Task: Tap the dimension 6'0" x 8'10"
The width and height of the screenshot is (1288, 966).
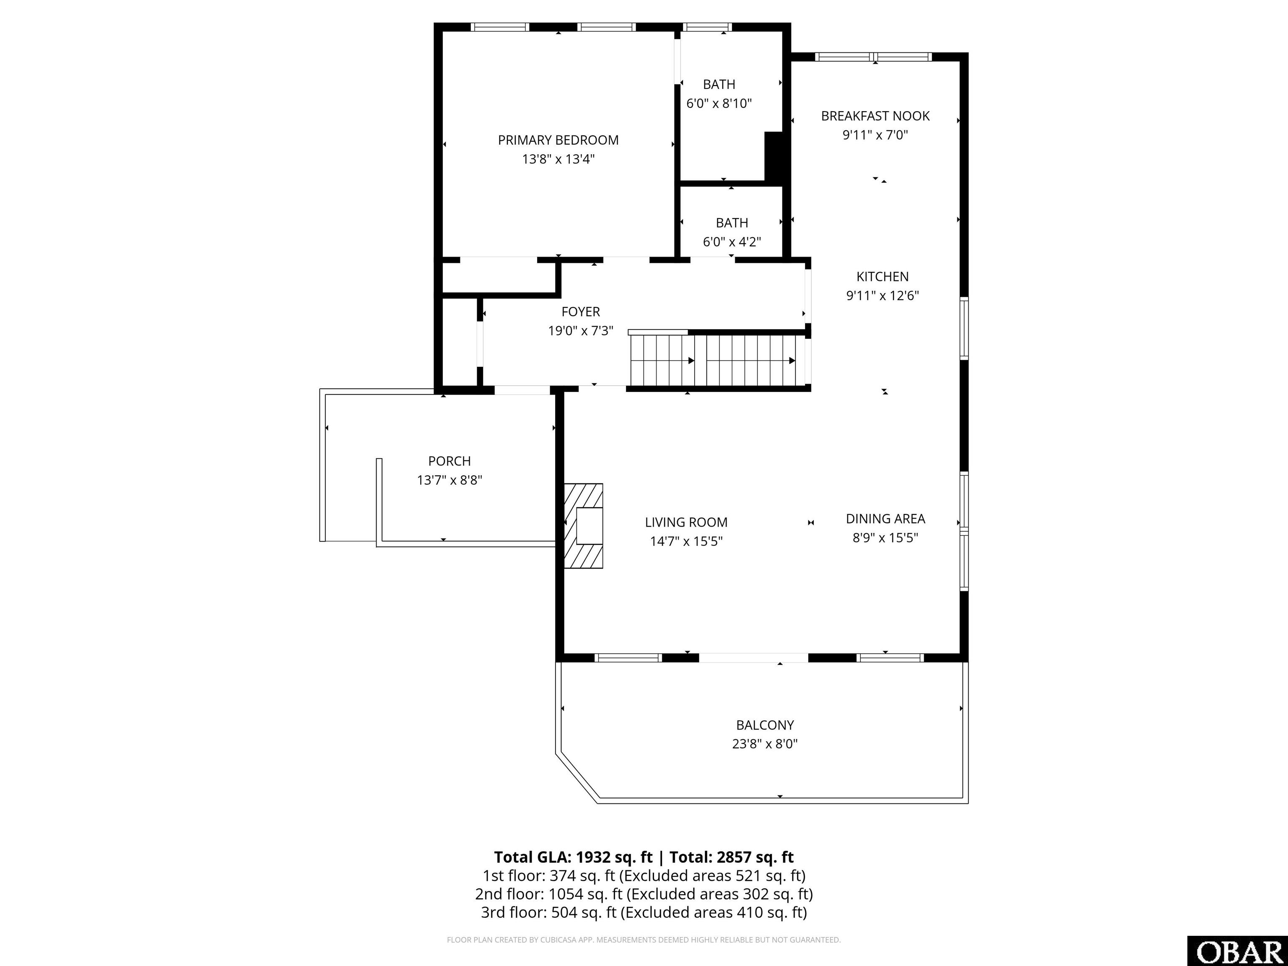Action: tap(719, 104)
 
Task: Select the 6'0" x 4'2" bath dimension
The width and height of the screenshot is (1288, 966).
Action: tap(732, 241)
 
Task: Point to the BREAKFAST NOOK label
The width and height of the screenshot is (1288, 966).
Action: tap(875, 116)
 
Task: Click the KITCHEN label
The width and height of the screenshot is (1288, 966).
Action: tap(882, 277)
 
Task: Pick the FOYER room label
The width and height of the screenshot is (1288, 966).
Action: tap(581, 312)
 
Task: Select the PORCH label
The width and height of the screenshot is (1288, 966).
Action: tap(449, 461)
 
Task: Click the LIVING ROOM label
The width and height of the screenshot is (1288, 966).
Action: tap(686, 522)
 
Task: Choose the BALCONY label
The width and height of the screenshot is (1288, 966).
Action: tap(764, 725)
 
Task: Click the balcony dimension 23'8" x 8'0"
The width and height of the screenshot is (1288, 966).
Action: tap(764, 743)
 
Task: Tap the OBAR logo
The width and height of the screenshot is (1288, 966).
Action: tap(1237, 951)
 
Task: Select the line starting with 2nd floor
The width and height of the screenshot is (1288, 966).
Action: tap(644, 894)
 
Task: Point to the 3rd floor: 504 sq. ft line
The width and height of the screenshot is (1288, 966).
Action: tap(644, 912)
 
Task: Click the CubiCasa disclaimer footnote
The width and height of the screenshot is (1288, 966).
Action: tap(644, 940)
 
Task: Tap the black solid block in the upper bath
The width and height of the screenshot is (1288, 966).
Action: tap(774, 157)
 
